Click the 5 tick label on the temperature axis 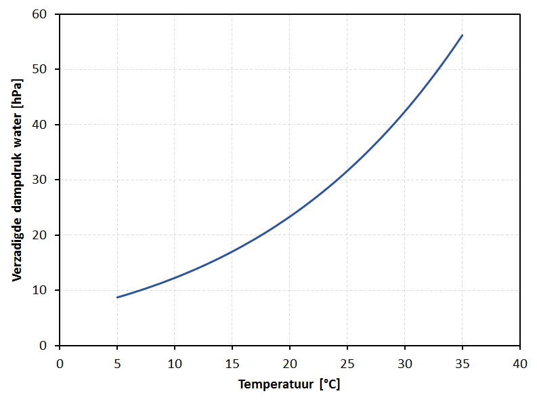pyautogui.click(x=117, y=363)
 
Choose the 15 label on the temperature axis pyautogui.click(x=232, y=363)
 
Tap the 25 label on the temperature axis pyautogui.click(x=347, y=363)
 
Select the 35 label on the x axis pyautogui.click(x=463, y=363)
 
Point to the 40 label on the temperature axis pyautogui.click(x=520, y=363)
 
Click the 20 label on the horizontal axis pyautogui.click(x=290, y=363)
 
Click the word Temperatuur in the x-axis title pyautogui.click(x=276, y=384)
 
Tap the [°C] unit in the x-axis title pyautogui.click(x=330, y=384)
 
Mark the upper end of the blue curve pyautogui.click(x=463, y=35)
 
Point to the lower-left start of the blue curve pyautogui.click(x=117, y=298)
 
